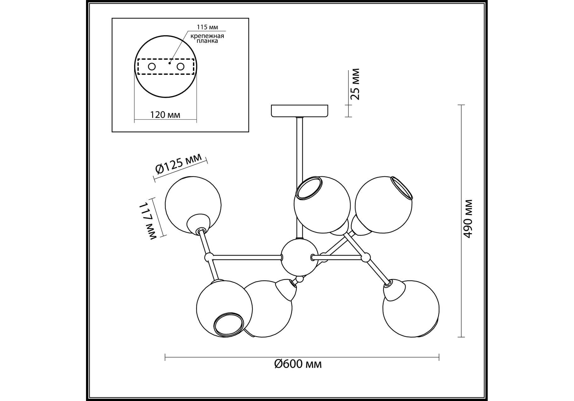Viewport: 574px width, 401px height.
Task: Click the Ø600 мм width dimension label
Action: (298, 364)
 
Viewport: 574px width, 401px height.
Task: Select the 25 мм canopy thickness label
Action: (355, 84)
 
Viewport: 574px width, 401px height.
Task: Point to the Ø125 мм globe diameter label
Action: (179, 165)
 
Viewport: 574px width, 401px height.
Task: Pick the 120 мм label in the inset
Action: (165, 115)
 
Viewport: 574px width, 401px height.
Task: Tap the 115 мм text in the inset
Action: (207, 27)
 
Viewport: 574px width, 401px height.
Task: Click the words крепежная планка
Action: (207, 38)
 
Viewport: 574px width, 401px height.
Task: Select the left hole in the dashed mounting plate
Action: (152, 66)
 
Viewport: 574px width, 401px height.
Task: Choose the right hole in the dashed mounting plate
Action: (180, 66)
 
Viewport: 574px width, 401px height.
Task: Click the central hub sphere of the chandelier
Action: (299, 257)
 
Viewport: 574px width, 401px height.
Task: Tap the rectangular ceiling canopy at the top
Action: (299, 111)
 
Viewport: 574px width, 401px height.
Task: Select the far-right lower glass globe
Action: (411, 309)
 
